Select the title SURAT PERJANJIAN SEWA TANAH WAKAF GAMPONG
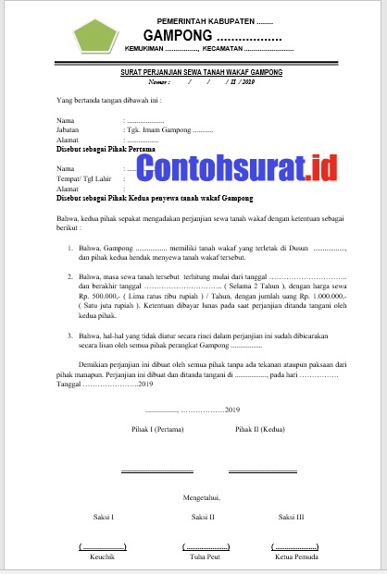tap(202, 71)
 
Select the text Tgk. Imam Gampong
tap(165, 130)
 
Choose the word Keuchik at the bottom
tap(102, 557)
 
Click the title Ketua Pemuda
tap(297, 557)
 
